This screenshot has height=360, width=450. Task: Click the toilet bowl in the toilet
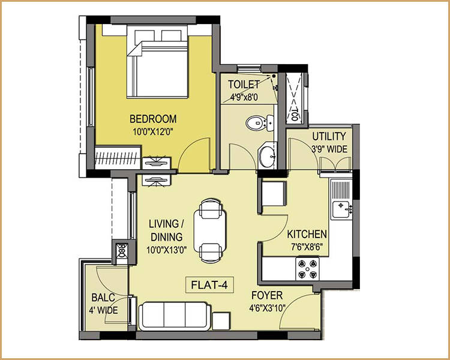[x=258, y=124]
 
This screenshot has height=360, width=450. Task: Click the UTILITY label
[x=328, y=137]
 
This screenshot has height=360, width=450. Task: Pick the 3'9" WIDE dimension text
[x=328, y=149]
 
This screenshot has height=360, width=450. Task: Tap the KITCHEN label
[x=307, y=234]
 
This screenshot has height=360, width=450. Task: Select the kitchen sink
[x=342, y=209]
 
